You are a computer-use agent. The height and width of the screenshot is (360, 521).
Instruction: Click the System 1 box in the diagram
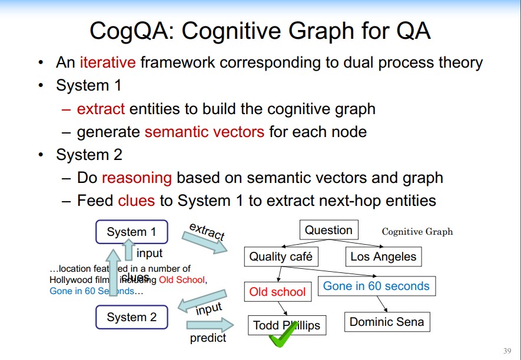tap(131, 232)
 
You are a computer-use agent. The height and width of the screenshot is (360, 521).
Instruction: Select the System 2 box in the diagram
tap(131, 318)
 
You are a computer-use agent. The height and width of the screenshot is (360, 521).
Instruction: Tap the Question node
tap(328, 230)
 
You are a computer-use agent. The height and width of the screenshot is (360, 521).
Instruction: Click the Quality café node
tap(281, 256)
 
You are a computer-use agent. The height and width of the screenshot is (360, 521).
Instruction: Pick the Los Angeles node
tap(383, 256)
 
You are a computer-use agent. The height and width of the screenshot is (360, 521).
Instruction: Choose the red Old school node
tap(277, 292)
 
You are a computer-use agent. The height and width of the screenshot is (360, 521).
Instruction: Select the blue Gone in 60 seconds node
tap(376, 286)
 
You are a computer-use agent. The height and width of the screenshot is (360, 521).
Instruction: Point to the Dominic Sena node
tap(387, 322)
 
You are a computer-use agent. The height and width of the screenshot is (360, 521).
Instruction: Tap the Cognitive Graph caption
tap(417, 232)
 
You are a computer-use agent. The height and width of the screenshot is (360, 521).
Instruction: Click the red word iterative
tap(108, 62)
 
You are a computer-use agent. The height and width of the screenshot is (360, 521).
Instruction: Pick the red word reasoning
tap(137, 178)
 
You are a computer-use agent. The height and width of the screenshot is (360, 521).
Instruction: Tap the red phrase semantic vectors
tap(204, 132)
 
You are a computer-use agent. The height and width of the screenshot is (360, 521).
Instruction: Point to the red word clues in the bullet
tap(136, 201)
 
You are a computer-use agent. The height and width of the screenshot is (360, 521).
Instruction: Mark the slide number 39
tap(507, 349)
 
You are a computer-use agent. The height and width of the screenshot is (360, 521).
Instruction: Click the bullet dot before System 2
tap(40, 155)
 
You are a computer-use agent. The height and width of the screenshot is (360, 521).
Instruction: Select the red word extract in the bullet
tap(101, 109)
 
